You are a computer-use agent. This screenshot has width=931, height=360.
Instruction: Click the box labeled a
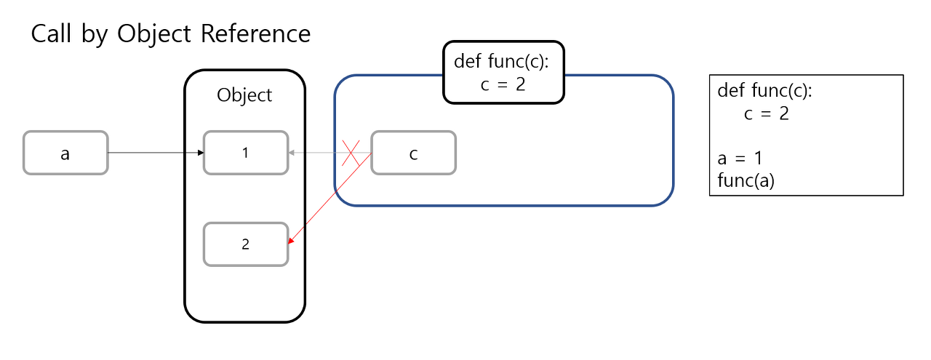pos(65,153)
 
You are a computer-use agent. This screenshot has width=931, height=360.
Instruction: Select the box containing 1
pos(245,153)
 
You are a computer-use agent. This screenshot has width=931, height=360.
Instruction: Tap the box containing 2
pos(245,244)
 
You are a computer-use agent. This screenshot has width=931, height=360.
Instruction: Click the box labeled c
pos(413,153)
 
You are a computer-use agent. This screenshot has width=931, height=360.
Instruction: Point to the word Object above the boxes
pos(244,95)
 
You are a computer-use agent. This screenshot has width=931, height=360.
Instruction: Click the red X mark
pos(351,153)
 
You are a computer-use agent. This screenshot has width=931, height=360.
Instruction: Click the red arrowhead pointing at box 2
pos(292,242)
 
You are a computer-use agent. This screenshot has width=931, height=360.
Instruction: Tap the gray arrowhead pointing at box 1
pos(291,153)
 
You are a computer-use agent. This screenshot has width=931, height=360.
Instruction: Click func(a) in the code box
pos(746,180)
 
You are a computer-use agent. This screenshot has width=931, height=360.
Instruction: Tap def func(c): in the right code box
pos(764,91)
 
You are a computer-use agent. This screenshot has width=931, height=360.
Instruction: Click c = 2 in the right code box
pos(767,113)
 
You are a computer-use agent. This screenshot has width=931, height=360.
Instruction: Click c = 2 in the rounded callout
pos(503,84)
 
